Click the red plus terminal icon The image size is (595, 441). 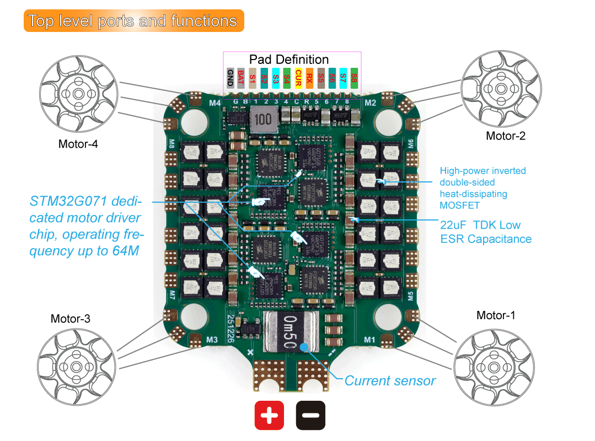pyautogui.click(x=269, y=415)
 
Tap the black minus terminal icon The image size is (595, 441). pyautogui.click(x=310, y=415)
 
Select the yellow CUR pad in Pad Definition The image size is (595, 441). pyautogui.click(x=298, y=78)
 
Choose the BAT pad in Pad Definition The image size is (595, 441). pyautogui.click(x=241, y=78)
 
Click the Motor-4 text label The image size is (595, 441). pyautogui.click(x=78, y=144)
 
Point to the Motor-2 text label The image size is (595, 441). pyautogui.click(x=505, y=136)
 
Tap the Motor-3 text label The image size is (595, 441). pyautogui.click(x=70, y=319)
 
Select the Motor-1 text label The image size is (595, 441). pyautogui.click(x=496, y=315)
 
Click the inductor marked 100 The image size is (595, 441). pyautogui.click(x=264, y=120)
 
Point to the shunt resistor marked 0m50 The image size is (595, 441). pyautogui.click(x=291, y=331)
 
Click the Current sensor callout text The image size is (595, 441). pyautogui.click(x=389, y=380)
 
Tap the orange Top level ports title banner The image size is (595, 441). pyautogui.click(x=133, y=21)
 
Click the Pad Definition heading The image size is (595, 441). pyautogui.click(x=288, y=60)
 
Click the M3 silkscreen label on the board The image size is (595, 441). pyautogui.click(x=211, y=340)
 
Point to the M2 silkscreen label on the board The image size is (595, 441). pyautogui.click(x=370, y=103)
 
